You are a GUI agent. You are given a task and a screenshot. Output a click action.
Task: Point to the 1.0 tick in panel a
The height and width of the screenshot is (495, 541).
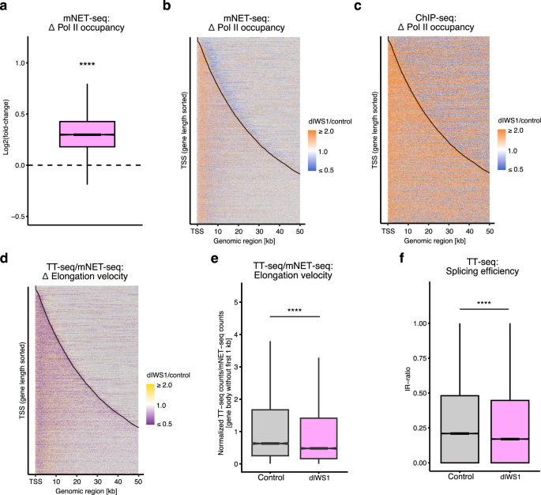pos(21,62)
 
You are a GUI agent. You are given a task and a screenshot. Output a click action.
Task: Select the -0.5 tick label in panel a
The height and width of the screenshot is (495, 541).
pos(20,216)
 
